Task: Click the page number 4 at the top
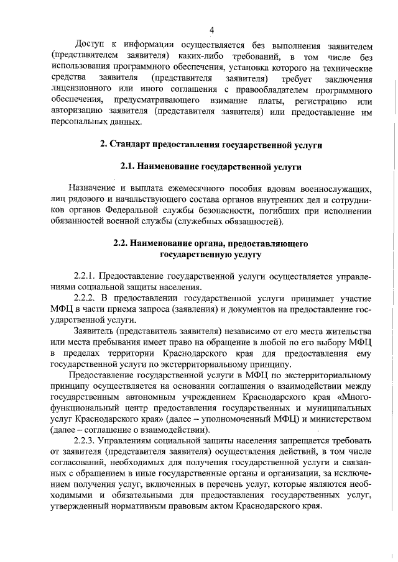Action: click(x=211, y=30)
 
